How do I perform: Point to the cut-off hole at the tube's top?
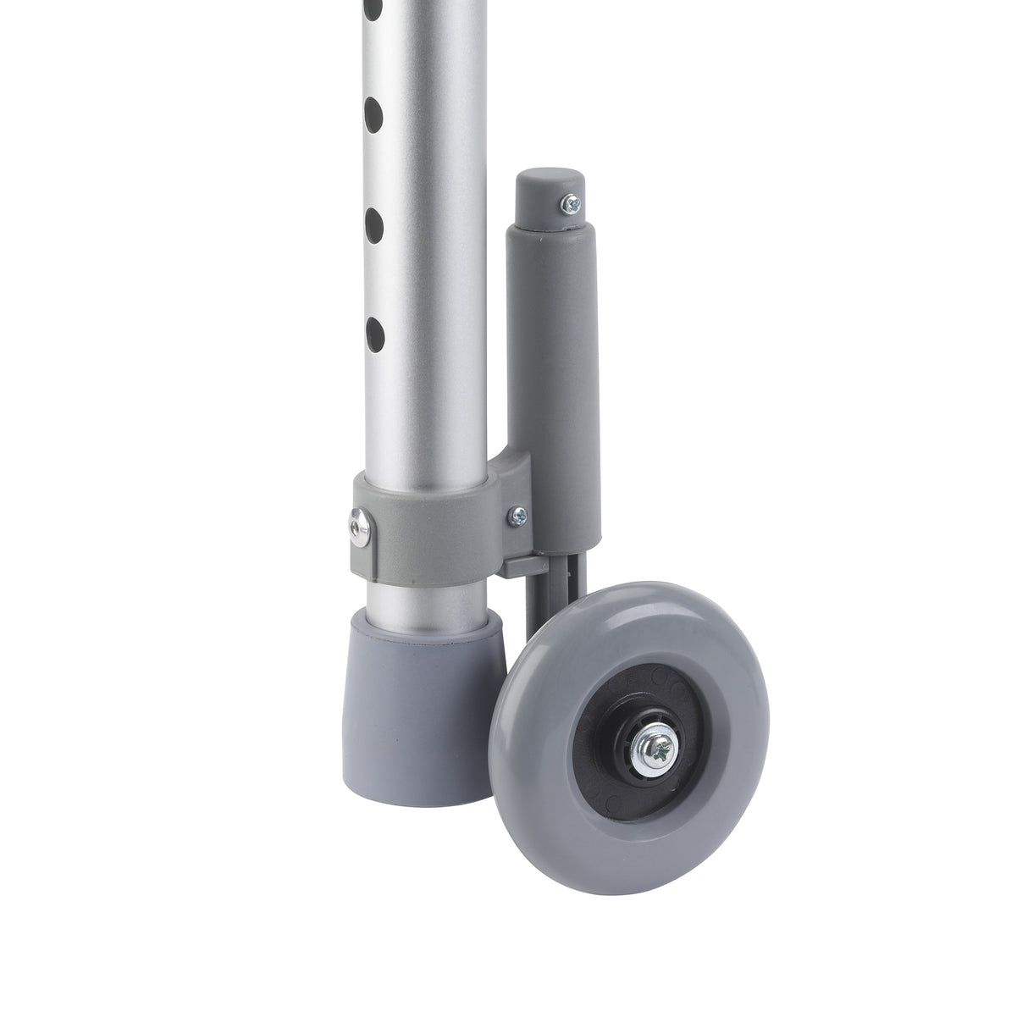point(373,10)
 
